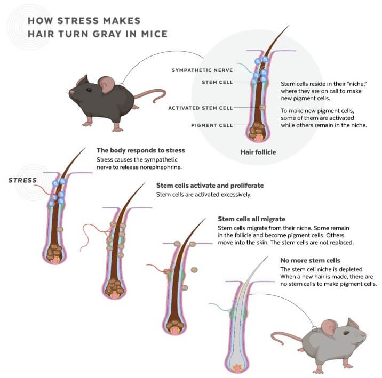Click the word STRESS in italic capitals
coord(22,180)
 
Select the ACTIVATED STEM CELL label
coord(201,108)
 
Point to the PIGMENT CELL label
coord(212,125)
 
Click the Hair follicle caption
coord(258,152)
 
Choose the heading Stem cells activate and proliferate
coord(210,186)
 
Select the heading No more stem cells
coord(310,260)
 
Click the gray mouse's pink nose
coord(364,335)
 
